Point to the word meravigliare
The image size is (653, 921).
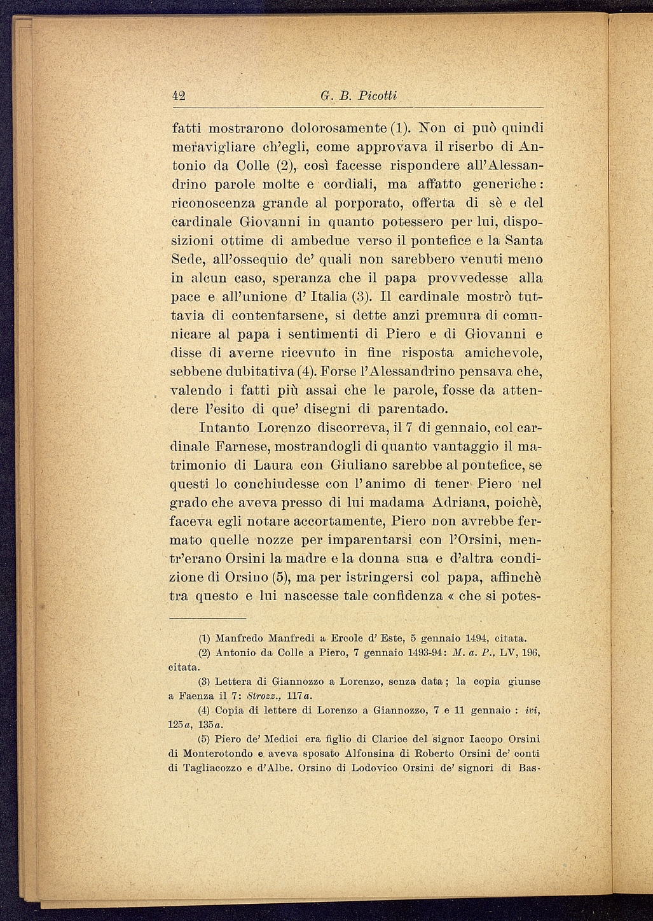(x=212, y=147)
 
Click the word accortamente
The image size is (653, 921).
(x=335, y=521)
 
